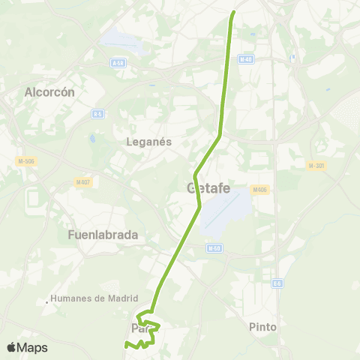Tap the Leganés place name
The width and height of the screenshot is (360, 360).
pos(149,141)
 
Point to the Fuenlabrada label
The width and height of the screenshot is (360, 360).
pos(103,234)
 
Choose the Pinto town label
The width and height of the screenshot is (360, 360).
pos(262,327)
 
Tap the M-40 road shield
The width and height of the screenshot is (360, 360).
pos(246,58)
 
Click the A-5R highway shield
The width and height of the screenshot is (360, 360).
pos(118,64)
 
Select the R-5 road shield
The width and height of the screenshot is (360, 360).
pos(98,114)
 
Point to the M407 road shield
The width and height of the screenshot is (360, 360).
pos(83,181)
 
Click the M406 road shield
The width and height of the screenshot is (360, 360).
pos(260,190)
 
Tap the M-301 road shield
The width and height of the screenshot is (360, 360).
pos(316,165)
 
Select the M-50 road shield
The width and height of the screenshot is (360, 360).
pos(214,247)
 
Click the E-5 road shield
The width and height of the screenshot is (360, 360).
pos(277,283)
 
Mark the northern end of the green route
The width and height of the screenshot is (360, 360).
pos(234,12)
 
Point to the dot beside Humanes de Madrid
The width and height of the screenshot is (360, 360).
pos(47,302)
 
